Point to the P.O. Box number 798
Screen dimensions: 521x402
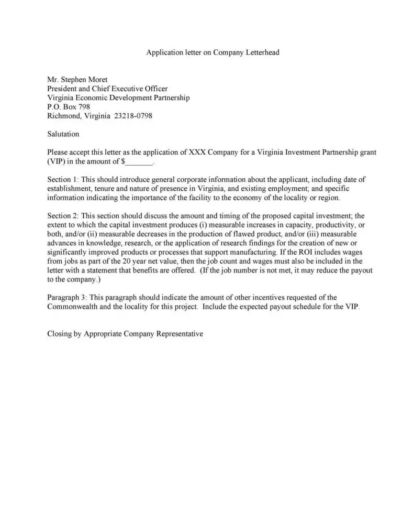tap(84, 107)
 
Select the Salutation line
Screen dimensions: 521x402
tap(63, 134)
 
